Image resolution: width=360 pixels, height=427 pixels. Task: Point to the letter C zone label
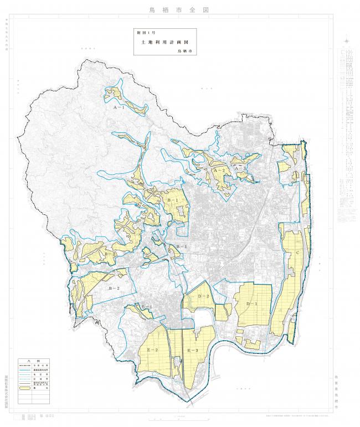[299, 253]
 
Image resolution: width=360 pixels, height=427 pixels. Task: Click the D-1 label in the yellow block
[252, 305]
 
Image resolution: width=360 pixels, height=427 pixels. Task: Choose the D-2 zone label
[203, 297]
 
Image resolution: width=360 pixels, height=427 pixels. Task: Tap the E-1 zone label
[146, 307]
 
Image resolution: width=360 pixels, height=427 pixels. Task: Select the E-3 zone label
[193, 351]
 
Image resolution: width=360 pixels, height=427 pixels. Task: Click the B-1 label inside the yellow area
[172, 199]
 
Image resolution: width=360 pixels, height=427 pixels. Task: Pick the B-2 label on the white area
[114, 289]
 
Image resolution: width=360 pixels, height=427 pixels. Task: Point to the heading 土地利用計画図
[165, 42]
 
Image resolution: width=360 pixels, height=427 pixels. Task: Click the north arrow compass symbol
[346, 41]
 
